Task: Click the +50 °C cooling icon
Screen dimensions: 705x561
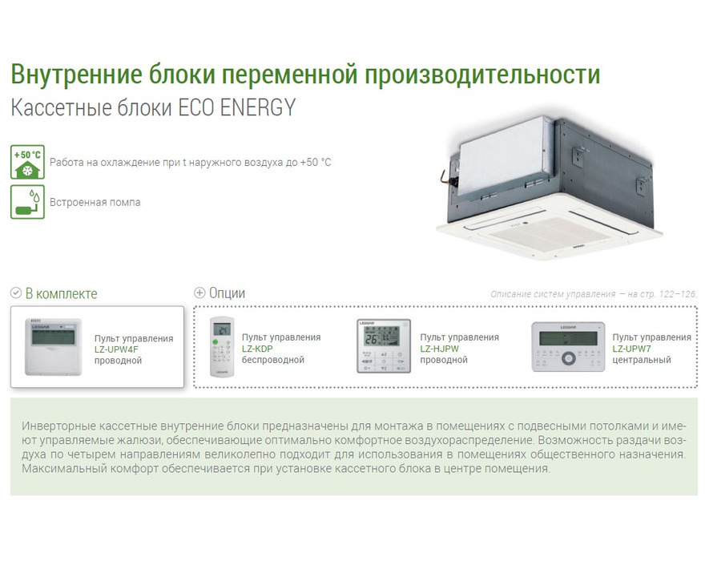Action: (27, 162)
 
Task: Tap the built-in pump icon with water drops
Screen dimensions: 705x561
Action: (27, 201)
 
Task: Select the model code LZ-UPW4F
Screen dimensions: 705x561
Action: (116, 349)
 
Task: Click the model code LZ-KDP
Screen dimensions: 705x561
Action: (257, 349)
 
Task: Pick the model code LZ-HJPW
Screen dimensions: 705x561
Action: (439, 349)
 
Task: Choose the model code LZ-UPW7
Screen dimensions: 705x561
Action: (632, 349)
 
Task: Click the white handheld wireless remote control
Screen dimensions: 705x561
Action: (222, 347)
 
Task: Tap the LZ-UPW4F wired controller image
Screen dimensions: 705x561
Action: (54, 347)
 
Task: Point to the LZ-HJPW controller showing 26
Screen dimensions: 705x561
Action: (384, 346)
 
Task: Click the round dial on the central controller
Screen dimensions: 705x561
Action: (568, 358)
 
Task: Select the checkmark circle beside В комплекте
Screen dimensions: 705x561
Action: (16, 293)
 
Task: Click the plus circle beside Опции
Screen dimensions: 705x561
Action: (199, 293)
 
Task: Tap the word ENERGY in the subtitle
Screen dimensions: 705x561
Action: (258, 108)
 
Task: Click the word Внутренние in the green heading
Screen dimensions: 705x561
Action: (76, 75)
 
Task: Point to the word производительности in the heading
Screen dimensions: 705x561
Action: (482, 75)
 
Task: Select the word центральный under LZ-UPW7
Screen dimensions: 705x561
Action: (642, 360)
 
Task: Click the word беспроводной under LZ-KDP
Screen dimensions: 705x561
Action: (273, 360)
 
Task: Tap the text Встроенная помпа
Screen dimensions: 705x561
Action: (95, 203)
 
